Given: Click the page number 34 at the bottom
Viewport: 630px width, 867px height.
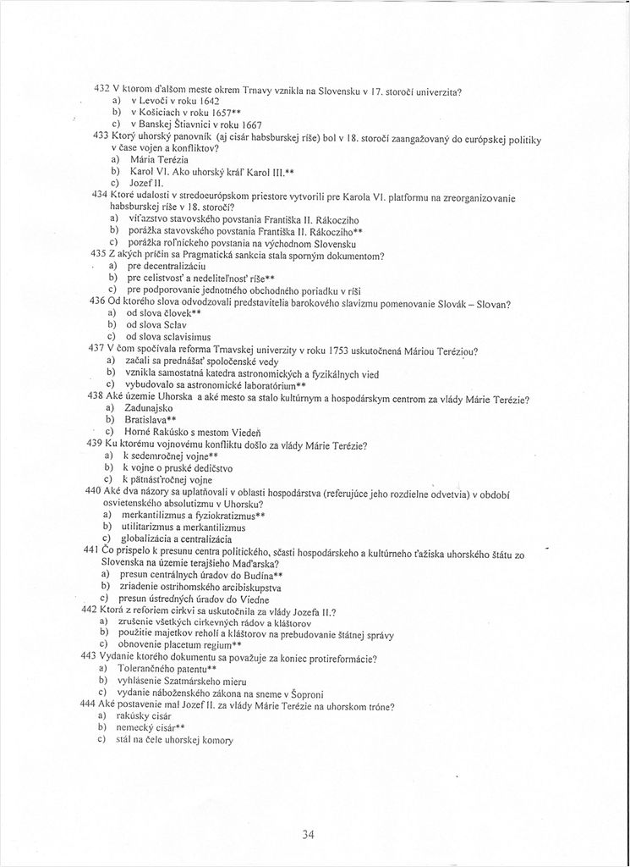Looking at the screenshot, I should (309, 835).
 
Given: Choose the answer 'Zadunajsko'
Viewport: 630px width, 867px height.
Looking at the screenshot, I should (149, 407).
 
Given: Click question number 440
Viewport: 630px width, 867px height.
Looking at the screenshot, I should (94, 491).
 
